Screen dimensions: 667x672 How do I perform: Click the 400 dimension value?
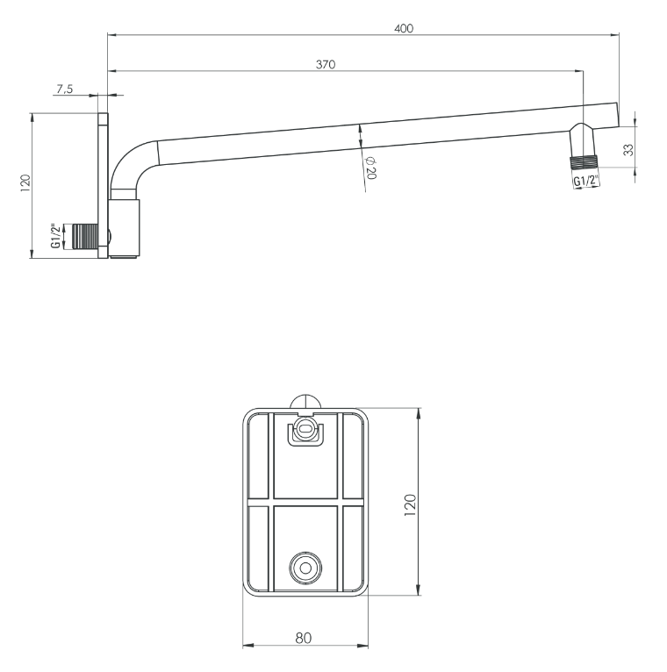tap(404, 28)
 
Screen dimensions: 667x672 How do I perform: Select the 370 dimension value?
tap(326, 64)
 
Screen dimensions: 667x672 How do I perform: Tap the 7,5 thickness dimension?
tap(65, 89)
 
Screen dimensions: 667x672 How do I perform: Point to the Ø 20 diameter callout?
tap(370, 168)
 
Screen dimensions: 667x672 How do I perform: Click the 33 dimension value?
tap(628, 150)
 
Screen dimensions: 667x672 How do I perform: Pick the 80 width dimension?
tap(303, 638)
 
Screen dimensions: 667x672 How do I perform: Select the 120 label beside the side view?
tap(25, 182)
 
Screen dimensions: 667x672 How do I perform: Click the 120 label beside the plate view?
tap(410, 504)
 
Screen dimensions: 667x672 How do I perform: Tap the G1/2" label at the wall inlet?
tap(55, 235)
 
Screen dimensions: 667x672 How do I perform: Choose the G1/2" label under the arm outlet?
tap(585, 181)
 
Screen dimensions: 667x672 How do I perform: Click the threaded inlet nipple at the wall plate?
tap(85, 236)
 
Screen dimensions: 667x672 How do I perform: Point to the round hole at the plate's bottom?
tap(305, 568)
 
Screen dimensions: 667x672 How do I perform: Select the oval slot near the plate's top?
tap(305, 428)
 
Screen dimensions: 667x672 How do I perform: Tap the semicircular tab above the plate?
tap(305, 402)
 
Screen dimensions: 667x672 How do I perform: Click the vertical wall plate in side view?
tap(104, 186)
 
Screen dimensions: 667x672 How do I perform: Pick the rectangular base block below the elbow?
tap(124, 229)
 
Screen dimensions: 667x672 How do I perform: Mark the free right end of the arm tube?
tap(618, 115)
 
